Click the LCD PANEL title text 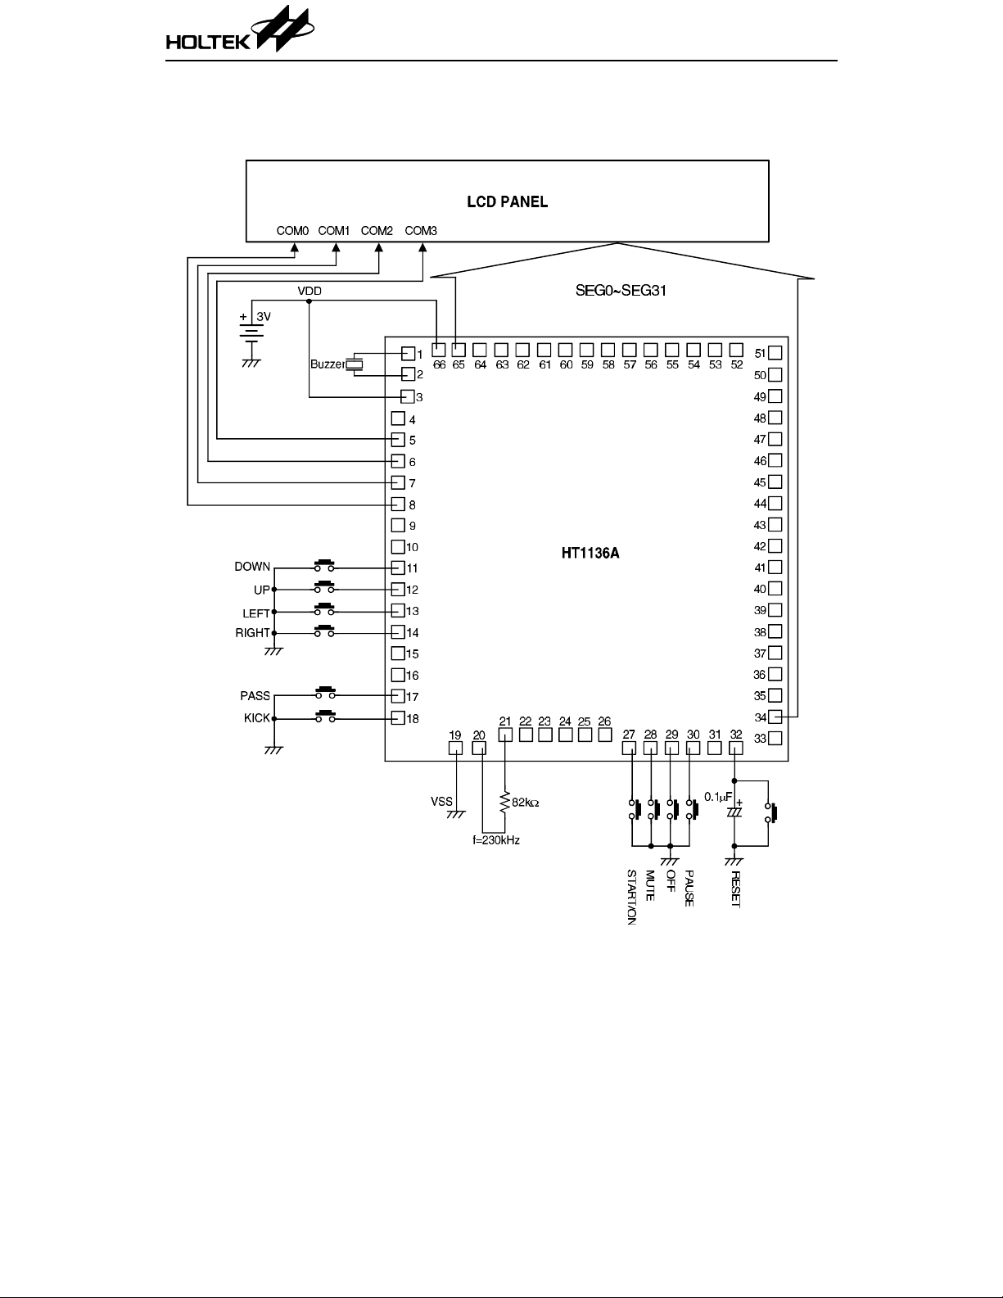pyautogui.click(x=507, y=201)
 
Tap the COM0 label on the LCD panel pyautogui.click(x=292, y=231)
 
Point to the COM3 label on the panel pyautogui.click(x=421, y=231)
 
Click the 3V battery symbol pyautogui.click(x=252, y=332)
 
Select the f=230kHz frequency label pyautogui.click(x=496, y=840)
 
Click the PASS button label pyautogui.click(x=255, y=696)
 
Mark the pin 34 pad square pyautogui.click(x=775, y=717)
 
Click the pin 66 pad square pyautogui.click(x=439, y=351)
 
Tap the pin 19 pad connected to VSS pyautogui.click(x=456, y=748)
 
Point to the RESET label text pyautogui.click(x=735, y=889)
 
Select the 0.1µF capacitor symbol pyautogui.click(x=734, y=811)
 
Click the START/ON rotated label pyautogui.click(x=631, y=898)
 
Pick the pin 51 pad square pyautogui.click(x=775, y=353)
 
